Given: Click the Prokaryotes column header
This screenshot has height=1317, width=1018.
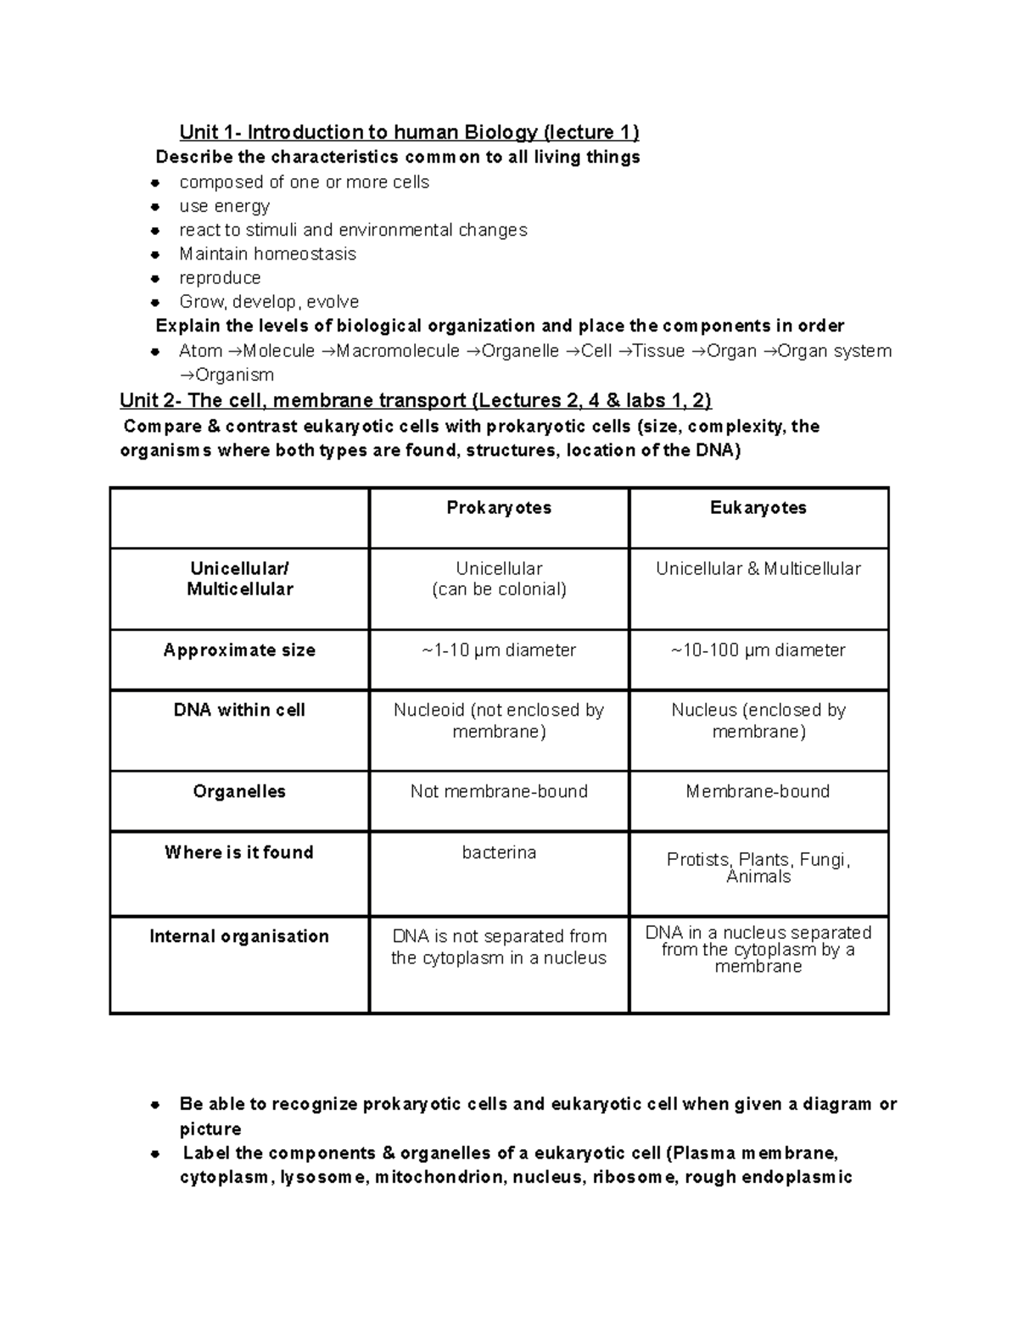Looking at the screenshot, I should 499,508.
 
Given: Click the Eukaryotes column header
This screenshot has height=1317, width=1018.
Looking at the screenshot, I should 758,508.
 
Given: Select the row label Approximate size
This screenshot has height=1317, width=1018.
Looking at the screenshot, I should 239,650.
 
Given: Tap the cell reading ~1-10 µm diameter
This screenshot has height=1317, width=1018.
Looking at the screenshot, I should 499,650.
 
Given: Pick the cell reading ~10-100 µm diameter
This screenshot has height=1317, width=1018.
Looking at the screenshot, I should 758,650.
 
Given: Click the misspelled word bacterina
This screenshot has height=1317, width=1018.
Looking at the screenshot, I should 499,852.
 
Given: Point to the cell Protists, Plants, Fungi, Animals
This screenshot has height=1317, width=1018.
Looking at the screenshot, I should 758,868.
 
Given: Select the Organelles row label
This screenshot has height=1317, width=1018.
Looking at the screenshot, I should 239,792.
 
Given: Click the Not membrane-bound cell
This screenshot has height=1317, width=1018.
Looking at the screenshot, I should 499,792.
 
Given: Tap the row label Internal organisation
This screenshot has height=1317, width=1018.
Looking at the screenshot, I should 239,937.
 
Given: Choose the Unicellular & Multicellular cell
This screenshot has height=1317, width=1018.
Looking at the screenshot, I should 758,569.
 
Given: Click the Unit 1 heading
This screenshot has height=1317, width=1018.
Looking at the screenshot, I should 409,132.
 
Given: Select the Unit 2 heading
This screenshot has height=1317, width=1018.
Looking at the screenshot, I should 415,400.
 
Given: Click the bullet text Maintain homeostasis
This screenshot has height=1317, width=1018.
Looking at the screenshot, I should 267,254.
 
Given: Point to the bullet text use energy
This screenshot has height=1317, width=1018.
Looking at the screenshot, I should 224,206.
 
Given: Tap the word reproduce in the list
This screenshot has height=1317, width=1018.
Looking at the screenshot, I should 220,278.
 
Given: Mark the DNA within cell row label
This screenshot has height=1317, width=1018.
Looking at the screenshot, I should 239,711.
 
